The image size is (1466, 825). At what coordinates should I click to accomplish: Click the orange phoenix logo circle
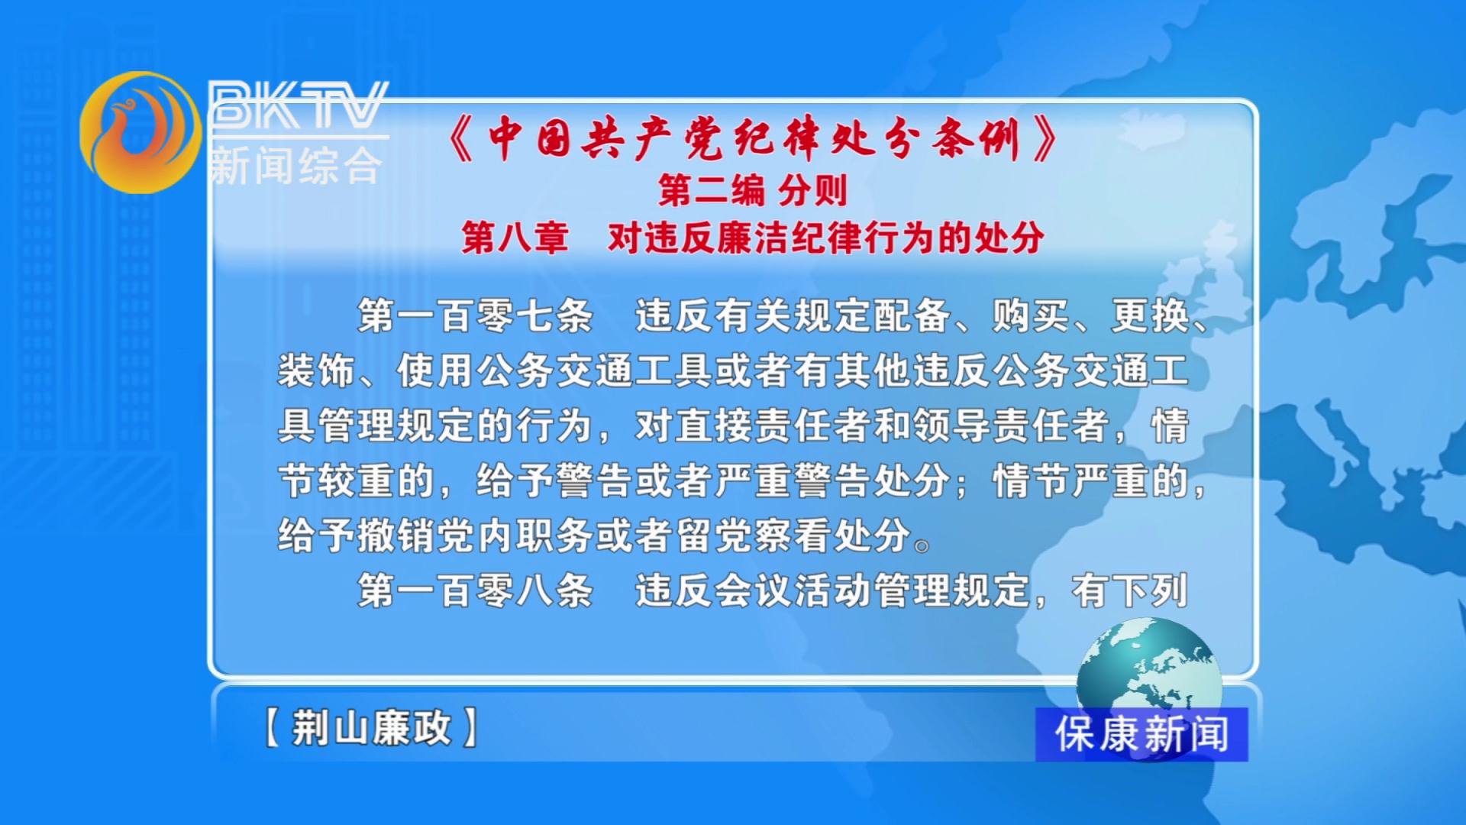(140, 132)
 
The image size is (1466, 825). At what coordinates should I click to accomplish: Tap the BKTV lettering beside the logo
(299, 105)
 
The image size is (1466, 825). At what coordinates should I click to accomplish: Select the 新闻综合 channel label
(295, 165)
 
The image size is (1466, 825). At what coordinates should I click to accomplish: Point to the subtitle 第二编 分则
(753, 190)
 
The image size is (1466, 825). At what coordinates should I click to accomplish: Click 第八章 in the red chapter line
(515, 238)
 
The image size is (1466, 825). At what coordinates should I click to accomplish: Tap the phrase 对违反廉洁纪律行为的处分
(826, 238)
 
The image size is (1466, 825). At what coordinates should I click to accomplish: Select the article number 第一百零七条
(475, 315)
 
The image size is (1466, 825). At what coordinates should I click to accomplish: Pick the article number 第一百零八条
(475, 590)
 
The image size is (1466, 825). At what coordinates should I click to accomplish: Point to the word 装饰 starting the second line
(316, 370)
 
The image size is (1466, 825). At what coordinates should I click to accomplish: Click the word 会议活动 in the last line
(793, 590)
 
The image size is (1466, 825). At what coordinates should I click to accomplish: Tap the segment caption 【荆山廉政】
(371, 727)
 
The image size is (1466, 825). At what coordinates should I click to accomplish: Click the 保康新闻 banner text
(1141, 734)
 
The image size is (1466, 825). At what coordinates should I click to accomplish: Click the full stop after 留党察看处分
(922, 545)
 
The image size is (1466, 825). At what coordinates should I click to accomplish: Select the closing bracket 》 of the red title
(1045, 139)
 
